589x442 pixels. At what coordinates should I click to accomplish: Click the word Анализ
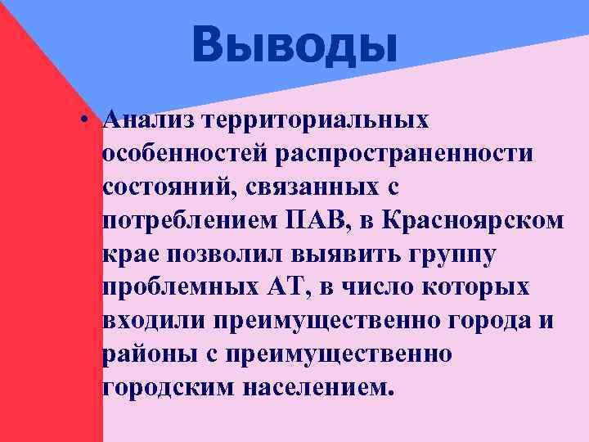click(152, 120)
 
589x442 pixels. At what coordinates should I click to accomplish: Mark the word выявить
click(346, 255)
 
